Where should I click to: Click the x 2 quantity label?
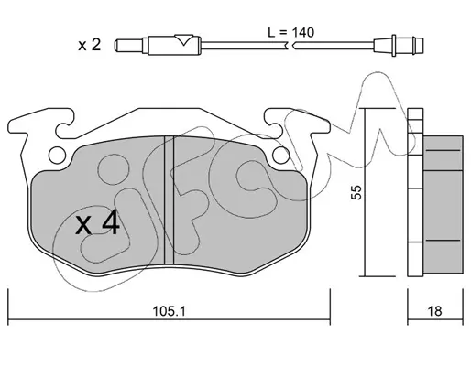click(x=89, y=45)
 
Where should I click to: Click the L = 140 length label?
click(x=290, y=32)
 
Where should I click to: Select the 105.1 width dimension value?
click(x=169, y=311)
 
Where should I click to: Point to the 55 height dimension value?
click(x=356, y=192)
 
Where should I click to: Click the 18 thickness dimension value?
click(x=434, y=311)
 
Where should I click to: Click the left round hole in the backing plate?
click(x=57, y=156)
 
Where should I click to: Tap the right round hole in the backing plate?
click(x=280, y=155)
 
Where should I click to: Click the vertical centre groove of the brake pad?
click(x=169, y=199)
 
